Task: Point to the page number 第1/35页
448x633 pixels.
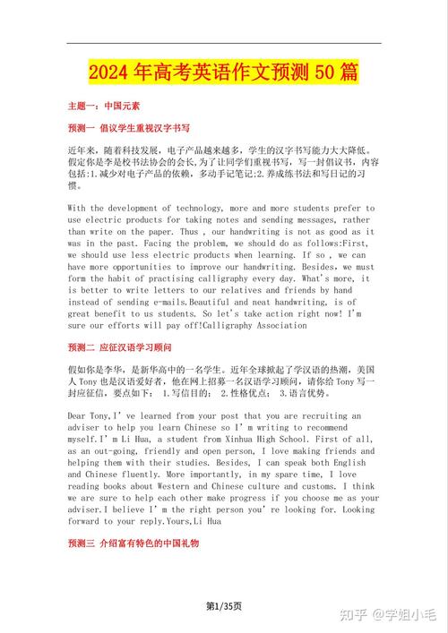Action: tap(223, 607)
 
